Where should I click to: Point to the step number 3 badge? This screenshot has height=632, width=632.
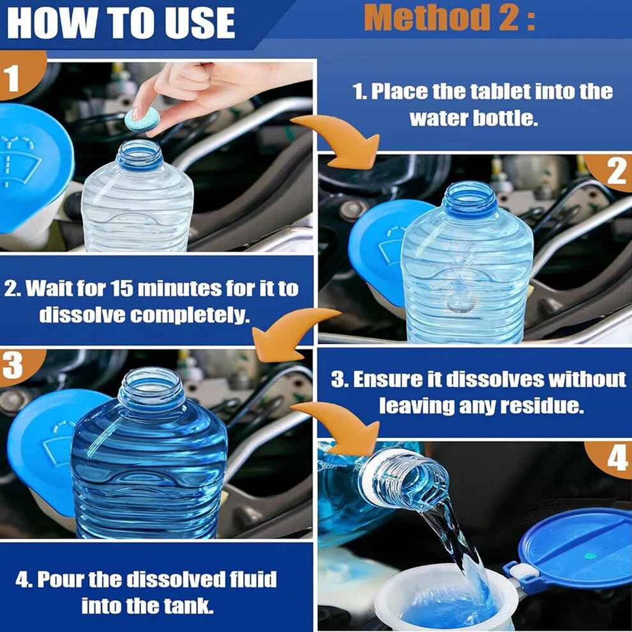pyautogui.click(x=13, y=366)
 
